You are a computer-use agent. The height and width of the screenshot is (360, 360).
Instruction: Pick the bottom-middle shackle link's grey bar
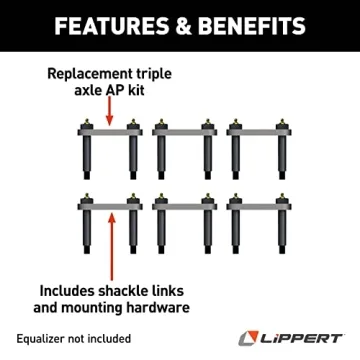pos(181,201)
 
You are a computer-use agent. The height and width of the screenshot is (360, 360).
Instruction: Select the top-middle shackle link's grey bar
pos(181,131)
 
